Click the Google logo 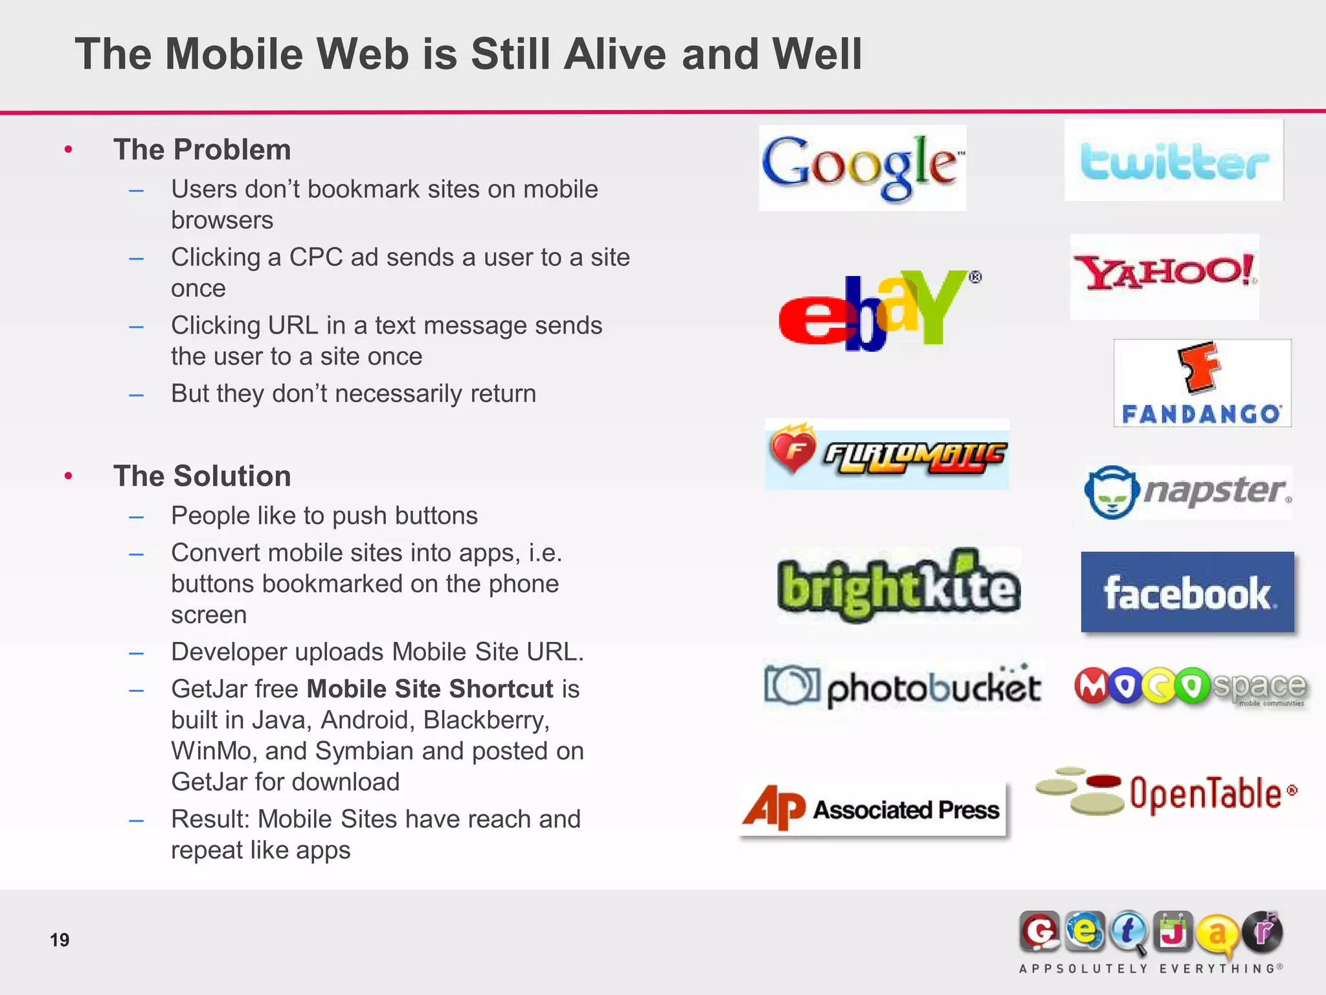(861, 167)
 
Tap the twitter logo (1173, 161)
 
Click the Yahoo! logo (1164, 275)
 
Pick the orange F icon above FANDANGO (1199, 367)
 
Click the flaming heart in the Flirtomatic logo (792, 448)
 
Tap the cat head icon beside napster (1111, 492)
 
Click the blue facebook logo (1187, 592)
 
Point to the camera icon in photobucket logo (791, 685)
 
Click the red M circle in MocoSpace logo (1092, 686)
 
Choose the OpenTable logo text (1206, 794)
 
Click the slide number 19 (60, 939)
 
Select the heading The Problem (202, 150)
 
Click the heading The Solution (202, 476)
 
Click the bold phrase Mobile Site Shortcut (430, 689)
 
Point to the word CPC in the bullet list (315, 257)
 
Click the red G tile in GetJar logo (1039, 932)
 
